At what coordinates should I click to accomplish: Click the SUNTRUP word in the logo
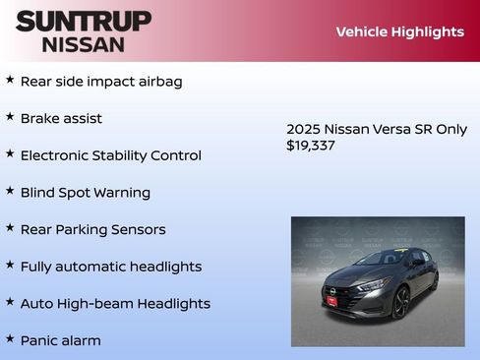84,21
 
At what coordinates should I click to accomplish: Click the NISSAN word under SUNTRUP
84,44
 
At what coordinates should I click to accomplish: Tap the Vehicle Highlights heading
399,31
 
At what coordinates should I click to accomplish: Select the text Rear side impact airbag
101,82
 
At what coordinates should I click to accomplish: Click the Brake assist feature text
61,119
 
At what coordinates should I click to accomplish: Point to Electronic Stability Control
110,155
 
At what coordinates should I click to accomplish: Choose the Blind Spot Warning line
86,193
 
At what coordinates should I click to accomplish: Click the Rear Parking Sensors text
92,230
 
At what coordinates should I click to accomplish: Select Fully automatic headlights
110,267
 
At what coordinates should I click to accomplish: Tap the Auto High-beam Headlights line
115,304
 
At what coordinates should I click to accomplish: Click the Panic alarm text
60,341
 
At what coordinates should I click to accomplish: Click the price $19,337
311,146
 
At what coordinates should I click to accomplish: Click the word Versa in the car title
385,129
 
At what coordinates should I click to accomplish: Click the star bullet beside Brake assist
10,117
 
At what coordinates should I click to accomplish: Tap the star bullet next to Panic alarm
10,339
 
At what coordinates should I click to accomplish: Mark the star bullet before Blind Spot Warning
10,191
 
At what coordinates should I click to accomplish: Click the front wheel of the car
401,301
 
